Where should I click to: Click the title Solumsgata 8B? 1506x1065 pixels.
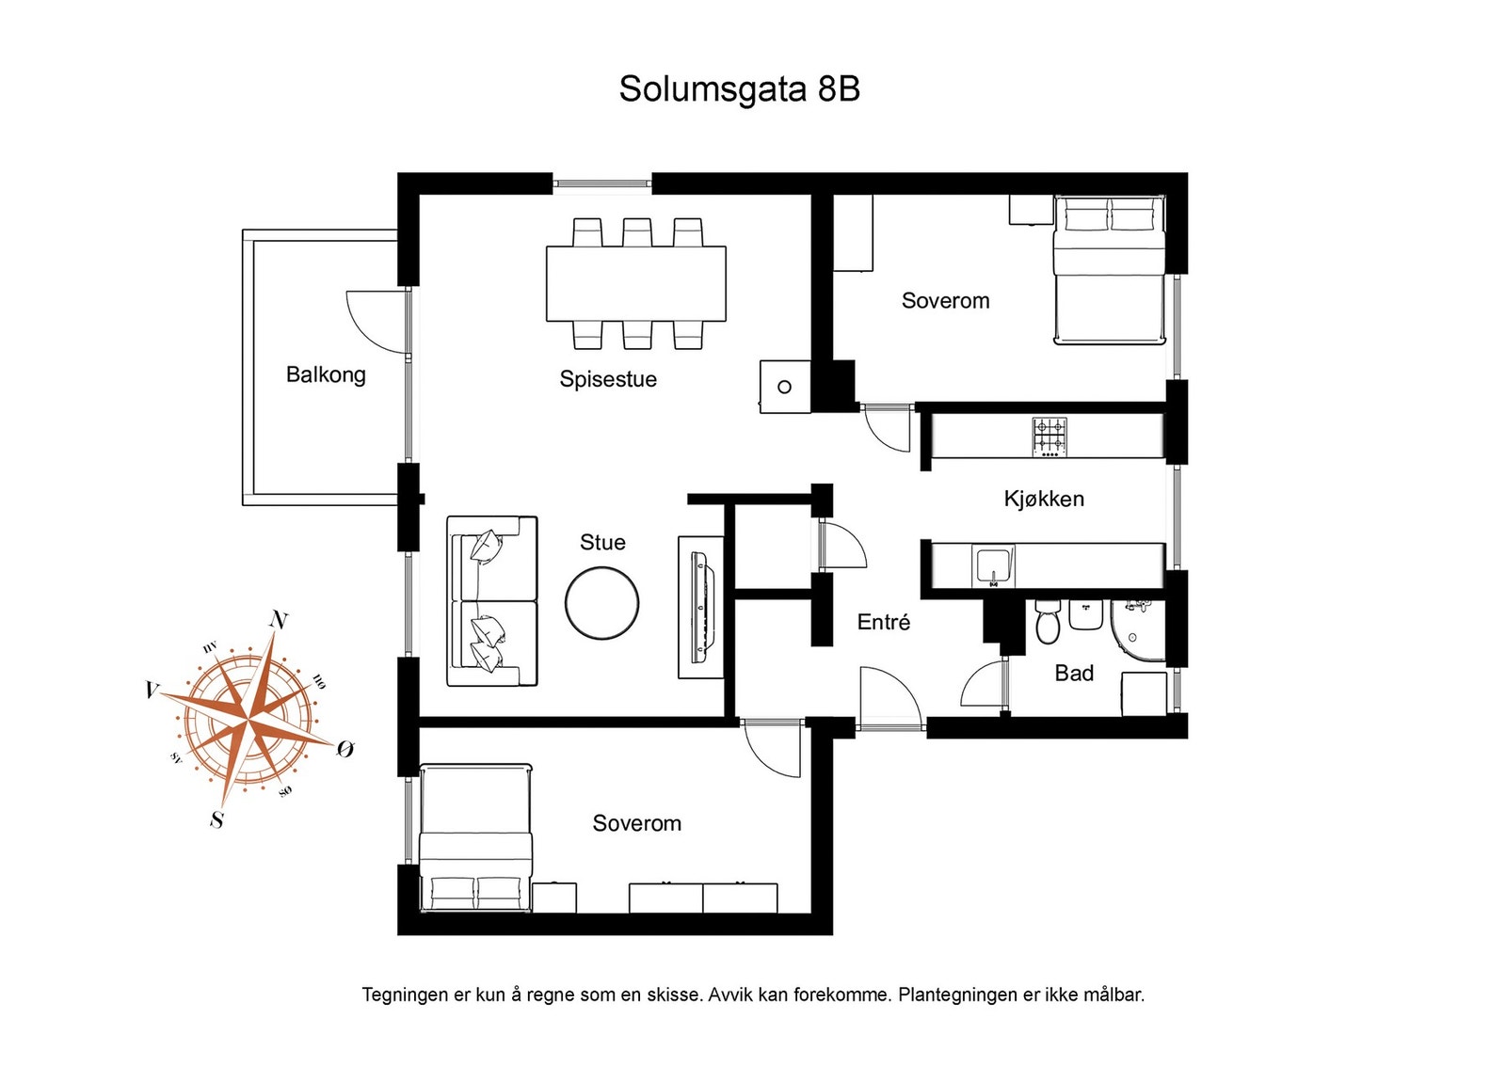point(739,89)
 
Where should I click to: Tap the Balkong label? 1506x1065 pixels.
point(326,374)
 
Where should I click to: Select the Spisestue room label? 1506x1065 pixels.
point(608,379)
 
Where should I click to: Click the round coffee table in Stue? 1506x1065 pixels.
point(602,604)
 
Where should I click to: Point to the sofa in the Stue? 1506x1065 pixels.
point(491,601)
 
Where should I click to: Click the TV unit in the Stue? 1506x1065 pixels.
point(700,607)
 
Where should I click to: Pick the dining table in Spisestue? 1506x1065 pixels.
point(636,283)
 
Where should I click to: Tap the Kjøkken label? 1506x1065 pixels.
point(1044,499)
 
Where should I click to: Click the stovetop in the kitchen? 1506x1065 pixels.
point(1049,437)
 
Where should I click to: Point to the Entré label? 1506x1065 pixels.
point(884,622)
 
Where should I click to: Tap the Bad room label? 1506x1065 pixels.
point(1074,673)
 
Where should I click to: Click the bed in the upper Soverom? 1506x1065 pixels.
point(1109,270)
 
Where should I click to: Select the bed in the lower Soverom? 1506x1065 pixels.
point(475,837)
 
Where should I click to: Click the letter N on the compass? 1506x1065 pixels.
point(279,619)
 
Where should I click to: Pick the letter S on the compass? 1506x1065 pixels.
point(217,819)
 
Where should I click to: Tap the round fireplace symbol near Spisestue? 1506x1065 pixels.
point(784,387)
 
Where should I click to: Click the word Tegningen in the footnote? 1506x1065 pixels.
point(405,994)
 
